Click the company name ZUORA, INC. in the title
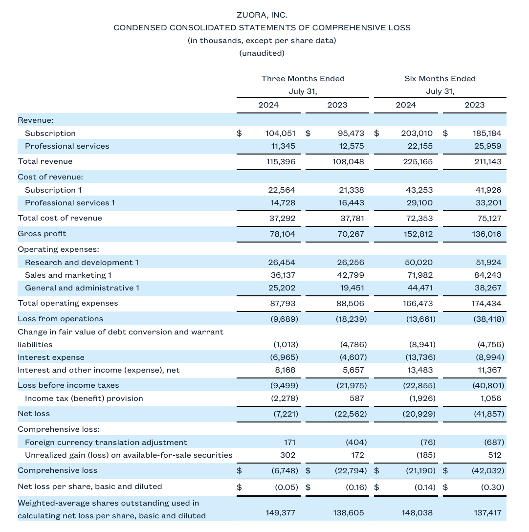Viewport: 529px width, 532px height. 262,15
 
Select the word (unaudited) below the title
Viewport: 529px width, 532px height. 262,53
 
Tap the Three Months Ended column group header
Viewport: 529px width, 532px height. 303,79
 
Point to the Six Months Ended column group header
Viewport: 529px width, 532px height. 440,79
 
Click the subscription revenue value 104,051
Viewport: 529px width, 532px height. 281,133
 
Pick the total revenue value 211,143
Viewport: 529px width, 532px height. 487,161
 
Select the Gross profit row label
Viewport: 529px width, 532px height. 42,234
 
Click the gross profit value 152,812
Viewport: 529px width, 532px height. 418,234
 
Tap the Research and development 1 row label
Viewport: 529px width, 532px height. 82,263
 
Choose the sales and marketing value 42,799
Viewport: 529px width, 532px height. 351,275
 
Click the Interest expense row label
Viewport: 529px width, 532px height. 51,357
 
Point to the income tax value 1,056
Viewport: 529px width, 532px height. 491,399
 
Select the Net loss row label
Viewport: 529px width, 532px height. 34,414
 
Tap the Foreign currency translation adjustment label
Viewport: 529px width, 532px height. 106,443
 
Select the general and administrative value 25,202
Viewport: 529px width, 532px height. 283,288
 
